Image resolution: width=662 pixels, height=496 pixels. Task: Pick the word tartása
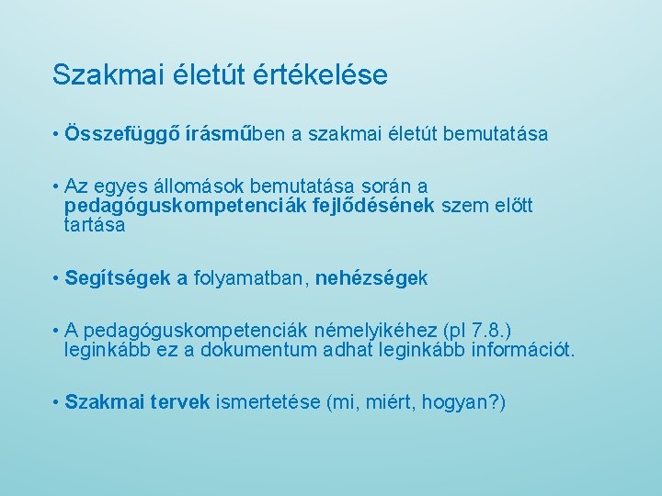[x=95, y=224]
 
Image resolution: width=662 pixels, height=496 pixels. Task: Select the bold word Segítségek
[x=118, y=278]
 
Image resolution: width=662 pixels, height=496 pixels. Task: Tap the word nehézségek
[x=371, y=278]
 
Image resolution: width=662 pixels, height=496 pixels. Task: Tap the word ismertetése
[x=268, y=403]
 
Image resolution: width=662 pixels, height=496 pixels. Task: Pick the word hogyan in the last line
[x=456, y=403]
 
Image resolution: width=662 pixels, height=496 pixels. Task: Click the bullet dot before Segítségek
[x=56, y=278]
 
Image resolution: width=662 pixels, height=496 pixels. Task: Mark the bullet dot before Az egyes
[x=56, y=187]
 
